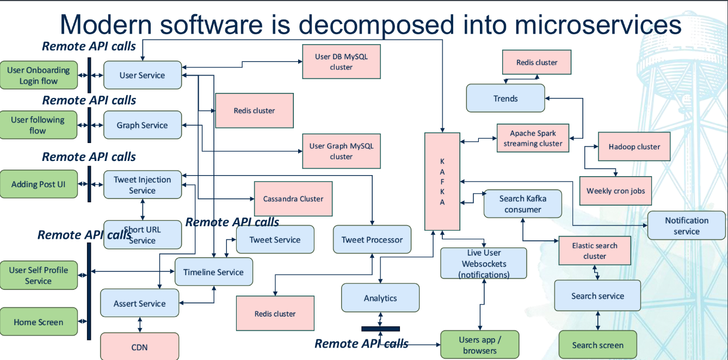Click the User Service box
coord(143,75)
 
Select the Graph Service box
coord(143,125)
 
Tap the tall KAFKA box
coord(442,181)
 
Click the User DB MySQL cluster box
coord(341,61)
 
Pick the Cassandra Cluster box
coord(293,198)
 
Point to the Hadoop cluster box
coord(634,146)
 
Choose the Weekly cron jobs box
coord(615,191)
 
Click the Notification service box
coord(687,226)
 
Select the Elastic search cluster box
coord(595,251)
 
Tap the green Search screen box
coord(597,345)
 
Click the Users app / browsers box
coord(480,345)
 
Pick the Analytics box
coord(380,298)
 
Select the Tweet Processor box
coord(372,239)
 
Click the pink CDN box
coord(140,346)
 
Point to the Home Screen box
coord(39,322)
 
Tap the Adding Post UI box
coord(38,184)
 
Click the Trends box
coord(505,98)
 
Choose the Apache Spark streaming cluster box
coord(533,138)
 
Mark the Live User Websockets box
coord(484,264)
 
